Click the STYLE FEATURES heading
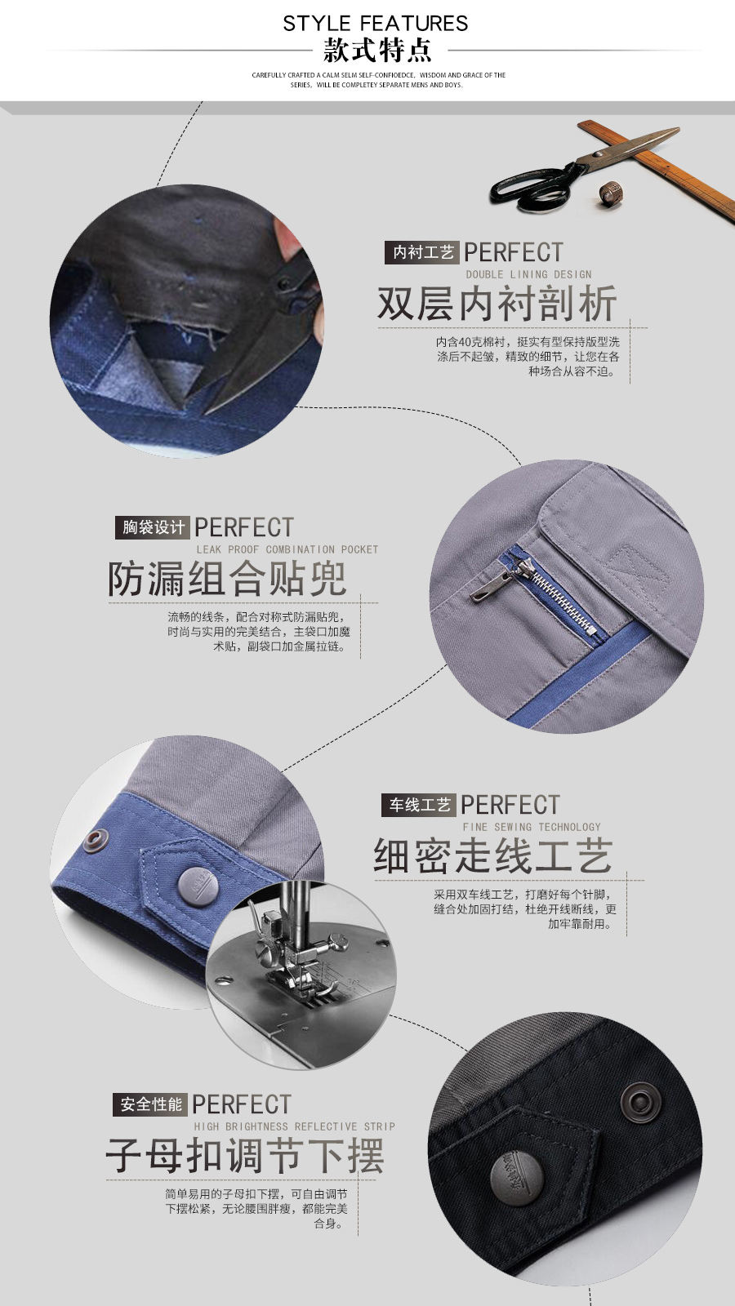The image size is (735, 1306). click(376, 23)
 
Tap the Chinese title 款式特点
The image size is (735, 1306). click(376, 51)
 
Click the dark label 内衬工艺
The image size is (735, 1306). click(422, 252)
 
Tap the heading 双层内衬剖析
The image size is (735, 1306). click(497, 304)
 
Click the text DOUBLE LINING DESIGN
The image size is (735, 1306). click(528, 274)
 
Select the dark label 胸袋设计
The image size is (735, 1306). click(153, 527)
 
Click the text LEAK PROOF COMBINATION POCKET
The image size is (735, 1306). click(287, 549)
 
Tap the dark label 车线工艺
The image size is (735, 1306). click(419, 805)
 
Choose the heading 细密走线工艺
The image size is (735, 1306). click(492, 856)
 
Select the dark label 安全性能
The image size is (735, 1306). click(151, 1104)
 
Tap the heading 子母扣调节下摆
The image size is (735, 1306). click(244, 1156)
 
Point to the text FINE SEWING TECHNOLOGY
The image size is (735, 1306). click(531, 827)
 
